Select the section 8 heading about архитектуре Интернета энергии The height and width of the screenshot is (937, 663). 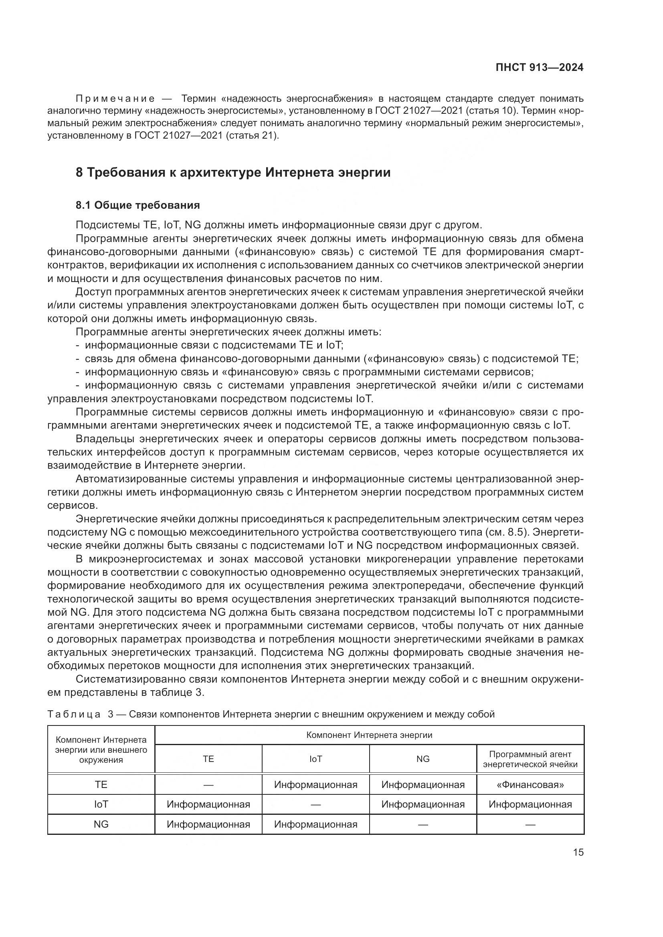click(233, 172)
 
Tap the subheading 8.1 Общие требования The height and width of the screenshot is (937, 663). click(137, 205)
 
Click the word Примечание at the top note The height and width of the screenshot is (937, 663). click(115, 99)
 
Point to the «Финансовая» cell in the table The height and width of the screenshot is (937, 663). click(530, 785)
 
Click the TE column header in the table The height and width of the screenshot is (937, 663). click(208, 759)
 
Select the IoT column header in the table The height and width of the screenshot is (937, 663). click(315, 759)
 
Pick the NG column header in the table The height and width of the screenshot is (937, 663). click(423, 759)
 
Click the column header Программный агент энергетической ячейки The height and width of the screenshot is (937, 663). click(530, 759)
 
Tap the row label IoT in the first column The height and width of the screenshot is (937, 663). click(101, 804)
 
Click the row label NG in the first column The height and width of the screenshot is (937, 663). click(101, 824)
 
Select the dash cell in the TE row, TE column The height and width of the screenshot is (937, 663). click(208, 785)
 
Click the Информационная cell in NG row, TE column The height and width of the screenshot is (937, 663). click(208, 824)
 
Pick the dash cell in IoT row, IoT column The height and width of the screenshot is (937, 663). click(315, 804)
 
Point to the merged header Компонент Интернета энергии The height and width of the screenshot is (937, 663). click(369, 735)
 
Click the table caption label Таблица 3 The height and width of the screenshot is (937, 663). click(81, 714)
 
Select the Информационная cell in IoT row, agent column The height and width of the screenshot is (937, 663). click(530, 804)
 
